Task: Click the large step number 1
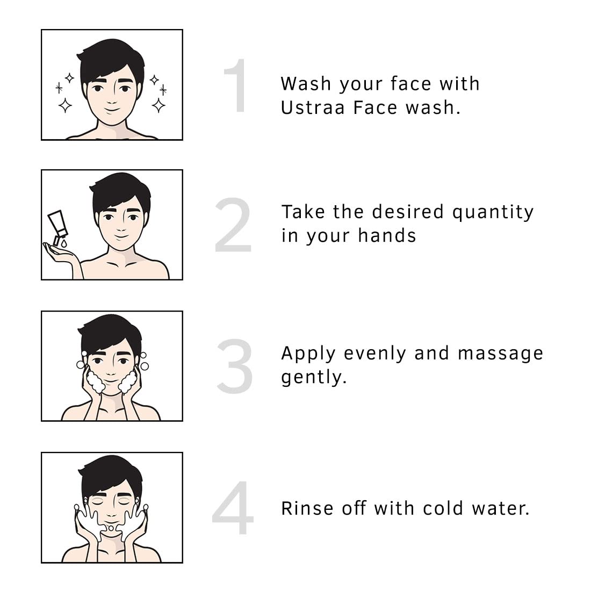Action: [236, 86]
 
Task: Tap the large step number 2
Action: [233, 226]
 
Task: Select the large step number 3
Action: [234, 366]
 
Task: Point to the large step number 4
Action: [233, 508]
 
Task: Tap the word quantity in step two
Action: [493, 213]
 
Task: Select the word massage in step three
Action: [500, 354]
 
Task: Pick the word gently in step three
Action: [314, 378]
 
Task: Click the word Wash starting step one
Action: [305, 84]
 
